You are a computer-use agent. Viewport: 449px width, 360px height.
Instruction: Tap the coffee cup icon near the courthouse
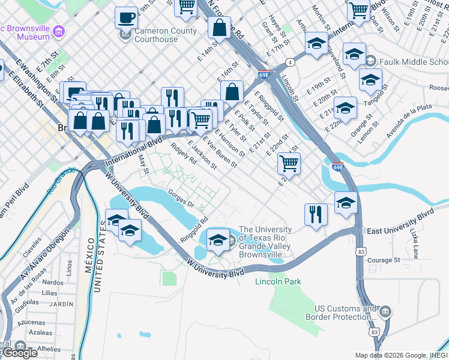coord(127,17)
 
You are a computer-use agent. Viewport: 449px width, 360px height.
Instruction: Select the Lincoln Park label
coord(278,281)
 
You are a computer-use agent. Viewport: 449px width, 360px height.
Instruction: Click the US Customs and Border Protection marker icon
coord(385,311)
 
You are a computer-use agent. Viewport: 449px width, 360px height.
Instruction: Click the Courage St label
coord(383,260)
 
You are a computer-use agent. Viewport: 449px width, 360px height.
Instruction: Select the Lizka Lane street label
coord(415,231)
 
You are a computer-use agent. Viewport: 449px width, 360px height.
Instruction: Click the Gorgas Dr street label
coord(182,200)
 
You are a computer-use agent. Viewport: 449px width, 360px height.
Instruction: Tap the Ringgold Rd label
coord(193,230)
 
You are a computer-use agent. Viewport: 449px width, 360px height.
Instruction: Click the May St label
coord(143,162)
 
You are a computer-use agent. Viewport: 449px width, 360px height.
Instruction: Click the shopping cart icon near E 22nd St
coord(289,163)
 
